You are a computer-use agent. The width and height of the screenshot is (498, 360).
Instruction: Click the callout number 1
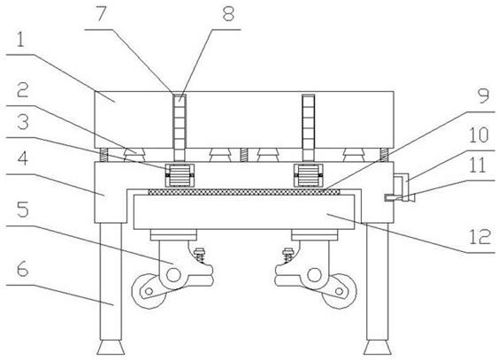(x=20, y=40)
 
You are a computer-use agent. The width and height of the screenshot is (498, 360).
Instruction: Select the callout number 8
(x=228, y=13)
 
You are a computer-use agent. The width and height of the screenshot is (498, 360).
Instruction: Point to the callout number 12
(x=480, y=237)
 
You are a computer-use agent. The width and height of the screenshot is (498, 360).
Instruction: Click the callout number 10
(x=479, y=135)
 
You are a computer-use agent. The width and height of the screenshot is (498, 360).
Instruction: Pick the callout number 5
(x=23, y=210)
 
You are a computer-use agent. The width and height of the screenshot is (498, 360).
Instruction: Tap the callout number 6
(x=22, y=269)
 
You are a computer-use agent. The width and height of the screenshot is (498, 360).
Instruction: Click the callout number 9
(x=484, y=96)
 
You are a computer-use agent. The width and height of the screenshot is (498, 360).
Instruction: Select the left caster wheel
(x=149, y=291)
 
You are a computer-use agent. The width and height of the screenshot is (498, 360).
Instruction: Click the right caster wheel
(x=339, y=291)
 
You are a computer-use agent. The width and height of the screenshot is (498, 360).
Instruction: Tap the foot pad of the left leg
(x=111, y=348)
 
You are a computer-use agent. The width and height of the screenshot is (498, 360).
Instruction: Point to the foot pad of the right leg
(x=378, y=348)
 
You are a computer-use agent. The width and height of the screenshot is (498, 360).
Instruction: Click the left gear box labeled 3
(x=180, y=175)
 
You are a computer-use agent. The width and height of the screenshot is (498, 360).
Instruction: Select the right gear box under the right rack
(x=309, y=175)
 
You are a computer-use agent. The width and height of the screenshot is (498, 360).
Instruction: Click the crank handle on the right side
(x=401, y=188)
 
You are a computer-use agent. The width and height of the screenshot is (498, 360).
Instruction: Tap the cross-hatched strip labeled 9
(x=244, y=192)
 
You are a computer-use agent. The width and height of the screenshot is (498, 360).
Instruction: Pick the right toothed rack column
(x=309, y=127)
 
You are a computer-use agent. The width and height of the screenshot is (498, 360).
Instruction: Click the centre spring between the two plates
(x=243, y=155)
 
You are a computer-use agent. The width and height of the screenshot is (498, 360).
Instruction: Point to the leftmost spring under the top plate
(x=103, y=155)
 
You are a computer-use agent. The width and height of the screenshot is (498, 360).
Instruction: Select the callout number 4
(x=22, y=158)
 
